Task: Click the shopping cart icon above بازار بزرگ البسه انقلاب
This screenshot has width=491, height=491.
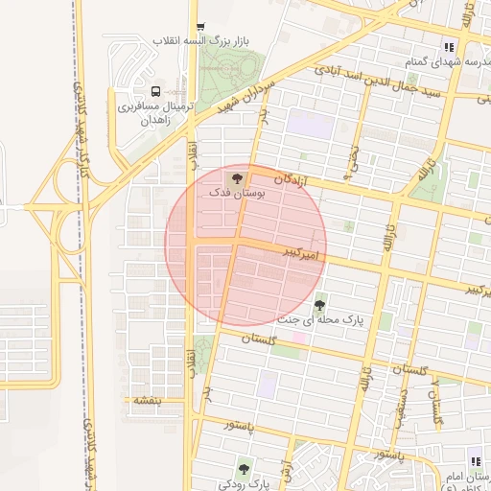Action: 199,27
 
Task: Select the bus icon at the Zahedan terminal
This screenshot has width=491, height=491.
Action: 155,93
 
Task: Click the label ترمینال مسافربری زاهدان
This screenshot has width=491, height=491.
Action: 155,114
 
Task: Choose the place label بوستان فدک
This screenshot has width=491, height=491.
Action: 237,193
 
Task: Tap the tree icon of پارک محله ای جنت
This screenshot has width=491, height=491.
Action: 319,305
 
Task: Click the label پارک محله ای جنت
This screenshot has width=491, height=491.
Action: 322,319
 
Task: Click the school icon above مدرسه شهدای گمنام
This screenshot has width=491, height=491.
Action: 449,45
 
